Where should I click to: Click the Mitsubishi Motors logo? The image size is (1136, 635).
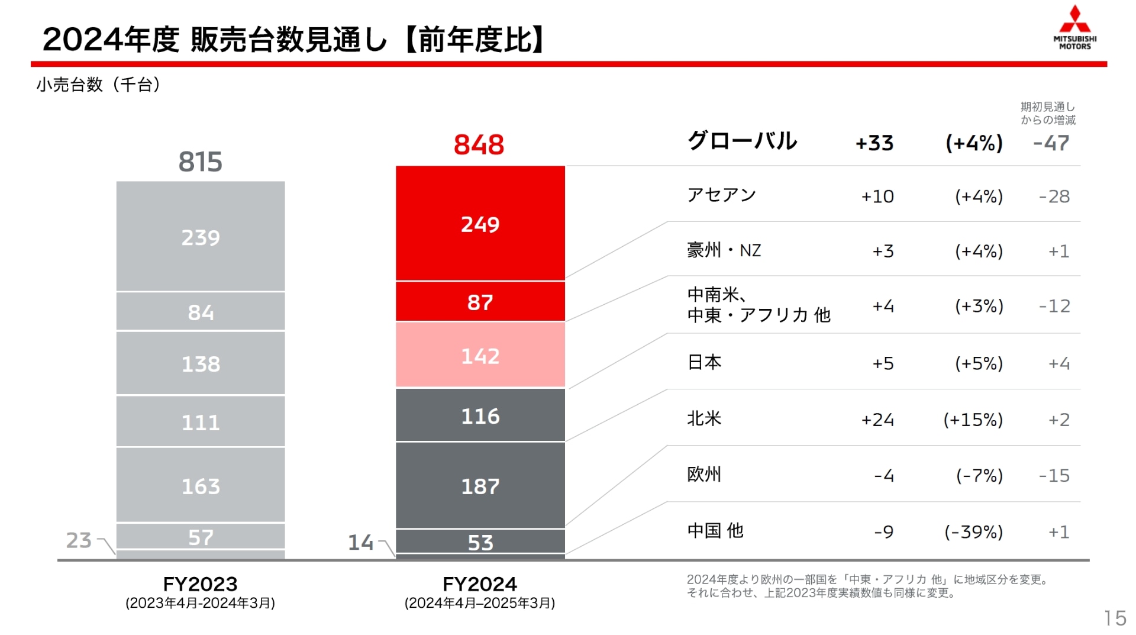pos(1074,28)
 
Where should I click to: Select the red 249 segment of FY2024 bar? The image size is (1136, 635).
pos(480,224)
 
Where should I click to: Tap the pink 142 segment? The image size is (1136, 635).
pos(480,356)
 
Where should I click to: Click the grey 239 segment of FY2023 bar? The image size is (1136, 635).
pos(200,237)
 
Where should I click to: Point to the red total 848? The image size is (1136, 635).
pos(479,144)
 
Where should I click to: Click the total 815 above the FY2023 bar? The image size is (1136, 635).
pos(200,162)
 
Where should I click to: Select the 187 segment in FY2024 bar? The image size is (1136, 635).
pos(480,486)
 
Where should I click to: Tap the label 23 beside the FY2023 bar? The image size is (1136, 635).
pos(79,540)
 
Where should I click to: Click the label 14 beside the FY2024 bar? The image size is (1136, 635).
pos(360,542)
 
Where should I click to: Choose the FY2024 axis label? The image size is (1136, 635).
pos(479,584)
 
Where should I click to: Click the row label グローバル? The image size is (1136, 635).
pos(742,141)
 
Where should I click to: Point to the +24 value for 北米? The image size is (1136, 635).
pos(877,420)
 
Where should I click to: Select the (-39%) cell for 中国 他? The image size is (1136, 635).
pos(973,531)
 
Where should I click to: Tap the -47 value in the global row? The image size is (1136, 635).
pos(1051,143)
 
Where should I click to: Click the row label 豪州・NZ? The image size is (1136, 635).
pos(724,250)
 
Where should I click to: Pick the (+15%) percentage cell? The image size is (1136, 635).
pos(973,420)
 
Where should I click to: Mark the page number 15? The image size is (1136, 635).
pos(1115,618)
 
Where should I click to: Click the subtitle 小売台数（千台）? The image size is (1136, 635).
pos(98,85)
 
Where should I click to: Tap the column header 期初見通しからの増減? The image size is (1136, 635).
pos(1047,113)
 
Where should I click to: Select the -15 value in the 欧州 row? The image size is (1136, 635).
pos(1054,475)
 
